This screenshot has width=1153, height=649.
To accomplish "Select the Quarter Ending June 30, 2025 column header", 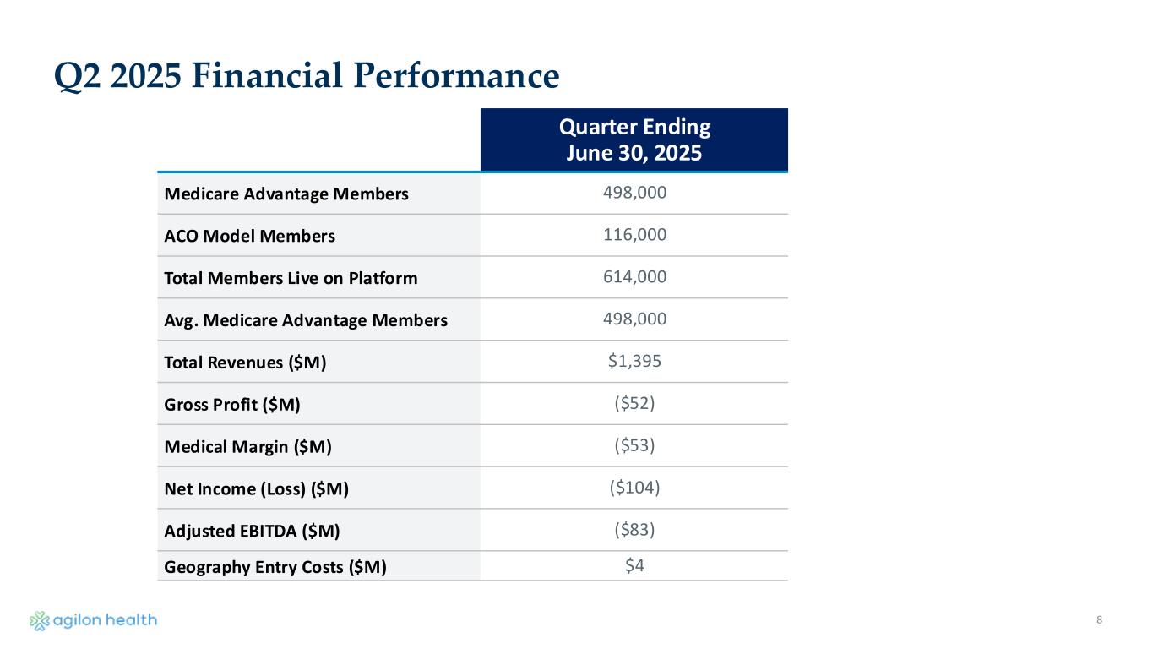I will [x=634, y=140].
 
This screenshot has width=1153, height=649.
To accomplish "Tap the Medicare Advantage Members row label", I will [x=286, y=194].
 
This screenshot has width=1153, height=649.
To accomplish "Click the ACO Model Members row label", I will [x=249, y=236].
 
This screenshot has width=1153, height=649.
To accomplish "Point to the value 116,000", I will [x=634, y=235].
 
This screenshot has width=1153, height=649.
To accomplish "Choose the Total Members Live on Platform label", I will [x=291, y=278].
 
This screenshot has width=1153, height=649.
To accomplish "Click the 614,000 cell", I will [x=634, y=277].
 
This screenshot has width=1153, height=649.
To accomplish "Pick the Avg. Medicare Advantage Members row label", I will [x=306, y=320].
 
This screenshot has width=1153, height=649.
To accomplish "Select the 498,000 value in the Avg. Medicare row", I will [x=634, y=319].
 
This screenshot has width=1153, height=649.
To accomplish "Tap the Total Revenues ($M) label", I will [x=245, y=363].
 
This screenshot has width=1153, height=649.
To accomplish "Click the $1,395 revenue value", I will [x=634, y=362].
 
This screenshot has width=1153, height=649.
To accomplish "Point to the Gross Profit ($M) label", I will [x=232, y=405].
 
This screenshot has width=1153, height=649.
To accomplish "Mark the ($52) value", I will [x=634, y=404].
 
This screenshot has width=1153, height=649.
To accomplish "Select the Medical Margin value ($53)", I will [x=634, y=446].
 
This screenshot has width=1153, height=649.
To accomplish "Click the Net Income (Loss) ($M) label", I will [x=257, y=489].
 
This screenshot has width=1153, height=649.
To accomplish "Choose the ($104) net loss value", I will [x=634, y=488].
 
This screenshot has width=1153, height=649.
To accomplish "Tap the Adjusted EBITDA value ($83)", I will [x=634, y=531].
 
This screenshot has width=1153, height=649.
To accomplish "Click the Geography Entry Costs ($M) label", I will [x=275, y=567].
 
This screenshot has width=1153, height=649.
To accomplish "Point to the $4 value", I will [x=634, y=566].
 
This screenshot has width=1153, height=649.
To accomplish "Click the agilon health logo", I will [x=93, y=620].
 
